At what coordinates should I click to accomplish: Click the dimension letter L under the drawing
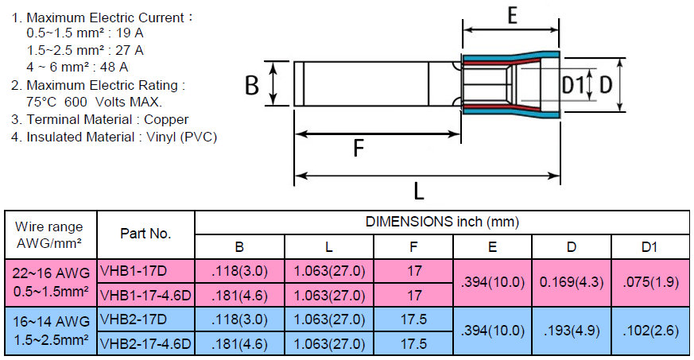419,191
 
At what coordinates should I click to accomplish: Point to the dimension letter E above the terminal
513,17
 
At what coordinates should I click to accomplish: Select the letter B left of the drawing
252,85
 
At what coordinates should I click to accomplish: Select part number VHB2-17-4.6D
145,343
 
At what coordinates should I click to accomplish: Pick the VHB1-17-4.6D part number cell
145,295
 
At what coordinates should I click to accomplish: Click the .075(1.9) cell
649,282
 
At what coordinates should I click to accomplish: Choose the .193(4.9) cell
571,331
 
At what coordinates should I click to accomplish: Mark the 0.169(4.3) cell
571,282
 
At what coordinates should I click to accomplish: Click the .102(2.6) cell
649,331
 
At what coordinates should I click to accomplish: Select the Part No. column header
145,234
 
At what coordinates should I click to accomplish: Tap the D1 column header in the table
649,247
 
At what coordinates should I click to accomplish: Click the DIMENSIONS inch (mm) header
442,223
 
